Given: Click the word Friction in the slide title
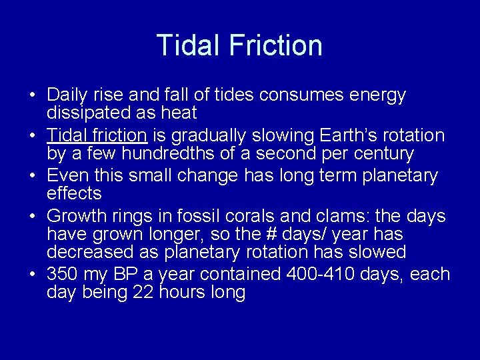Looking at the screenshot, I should [x=275, y=45].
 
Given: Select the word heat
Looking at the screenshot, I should [x=178, y=113].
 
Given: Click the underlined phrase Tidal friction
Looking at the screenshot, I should [x=97, y=135].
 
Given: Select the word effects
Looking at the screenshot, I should [x=74, y=193].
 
